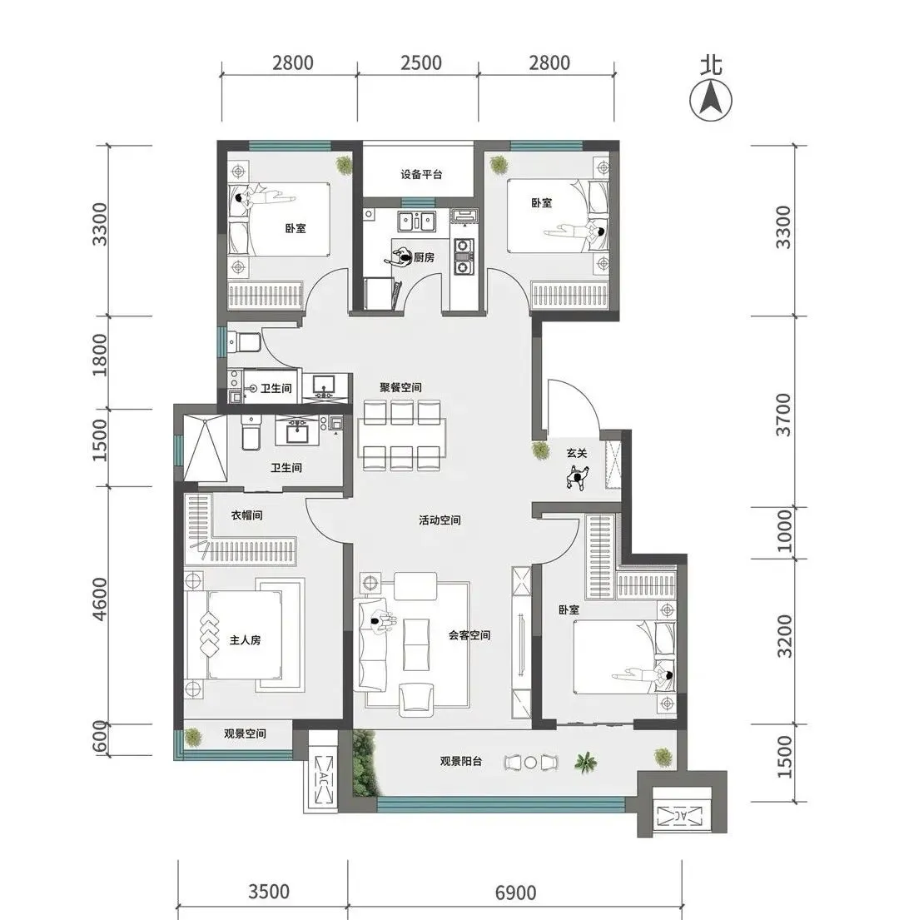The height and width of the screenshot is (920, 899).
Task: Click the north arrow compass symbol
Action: [711, 100]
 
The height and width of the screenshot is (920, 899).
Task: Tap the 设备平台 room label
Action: [421, 174]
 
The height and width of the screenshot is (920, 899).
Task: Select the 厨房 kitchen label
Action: [424, 257]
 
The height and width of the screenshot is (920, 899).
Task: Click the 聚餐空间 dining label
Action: [400, 387]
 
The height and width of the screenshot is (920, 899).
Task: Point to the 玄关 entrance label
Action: [577, 453]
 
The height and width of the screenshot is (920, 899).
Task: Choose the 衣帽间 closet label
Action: [246, 515]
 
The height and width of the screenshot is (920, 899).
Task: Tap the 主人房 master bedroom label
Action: [245, 639]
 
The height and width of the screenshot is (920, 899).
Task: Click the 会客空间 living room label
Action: [469, 635]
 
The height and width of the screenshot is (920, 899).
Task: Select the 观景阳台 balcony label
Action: [461, 761]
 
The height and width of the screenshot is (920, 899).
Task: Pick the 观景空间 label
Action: [245, 734]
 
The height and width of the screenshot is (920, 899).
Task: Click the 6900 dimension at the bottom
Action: [515, 893]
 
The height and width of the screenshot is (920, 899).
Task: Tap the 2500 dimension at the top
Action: [421, 62]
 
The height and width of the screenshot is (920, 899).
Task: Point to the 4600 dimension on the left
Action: [100, 599]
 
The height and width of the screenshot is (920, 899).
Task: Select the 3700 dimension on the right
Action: [783, 415]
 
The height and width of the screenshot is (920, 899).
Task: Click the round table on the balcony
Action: [530, 763]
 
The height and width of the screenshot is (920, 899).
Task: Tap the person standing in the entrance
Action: [578, 478]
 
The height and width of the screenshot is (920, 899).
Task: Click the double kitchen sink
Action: [417, 221]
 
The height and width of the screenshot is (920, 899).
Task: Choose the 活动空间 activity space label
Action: [440, 520]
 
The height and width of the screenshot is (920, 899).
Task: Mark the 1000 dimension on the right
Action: [783, 530]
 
